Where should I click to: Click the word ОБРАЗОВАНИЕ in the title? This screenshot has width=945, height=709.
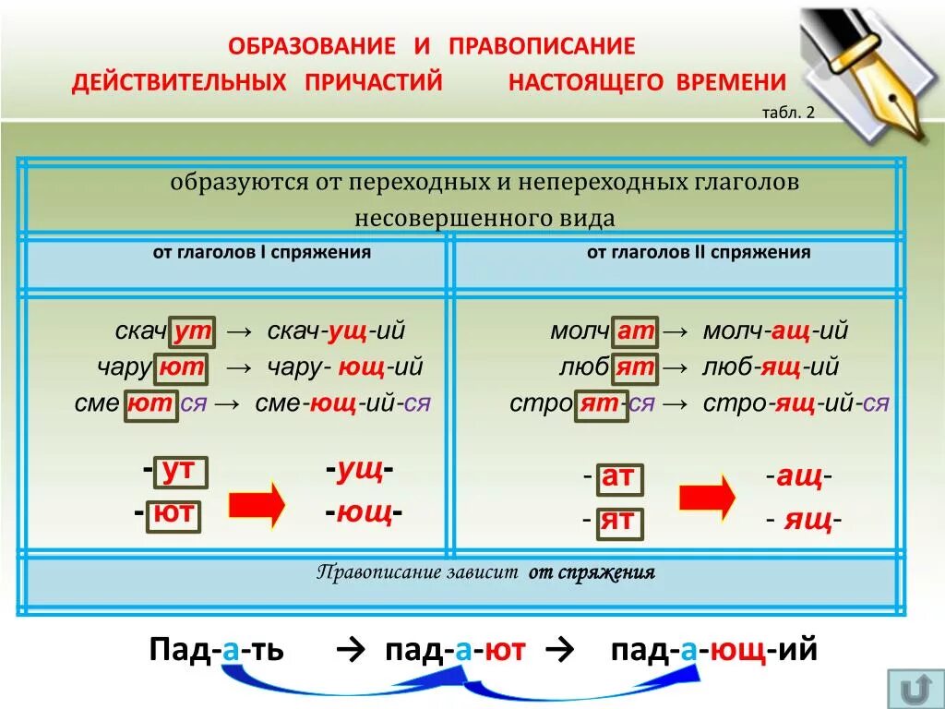312,45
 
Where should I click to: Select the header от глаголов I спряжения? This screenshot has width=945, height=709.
262,252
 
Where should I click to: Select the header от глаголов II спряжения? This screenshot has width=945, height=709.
699,252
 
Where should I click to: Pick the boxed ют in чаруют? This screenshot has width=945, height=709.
181,367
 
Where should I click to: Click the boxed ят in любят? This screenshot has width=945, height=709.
635,367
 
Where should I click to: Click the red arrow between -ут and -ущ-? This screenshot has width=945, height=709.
257,504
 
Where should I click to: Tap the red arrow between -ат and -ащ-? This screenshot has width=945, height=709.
707,499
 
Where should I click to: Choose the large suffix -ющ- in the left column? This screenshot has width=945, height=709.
364,511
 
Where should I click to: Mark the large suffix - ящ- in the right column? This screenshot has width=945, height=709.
803,521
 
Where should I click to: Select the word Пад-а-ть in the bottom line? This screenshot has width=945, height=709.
216,650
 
